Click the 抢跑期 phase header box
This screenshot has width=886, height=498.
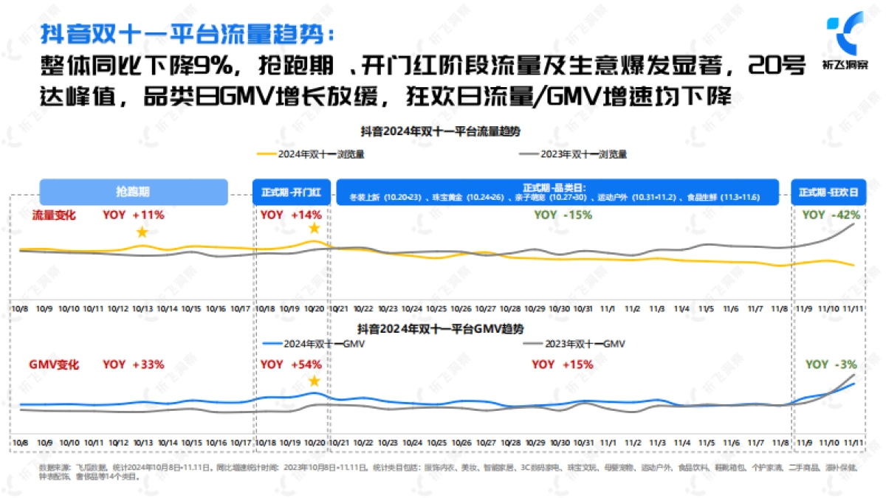133,192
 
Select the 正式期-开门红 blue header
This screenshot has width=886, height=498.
291,192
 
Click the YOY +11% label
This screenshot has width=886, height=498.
133,215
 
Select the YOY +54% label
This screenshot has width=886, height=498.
291,364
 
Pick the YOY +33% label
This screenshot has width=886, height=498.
133,364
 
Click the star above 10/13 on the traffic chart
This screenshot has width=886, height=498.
142,232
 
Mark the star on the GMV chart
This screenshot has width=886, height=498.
314,381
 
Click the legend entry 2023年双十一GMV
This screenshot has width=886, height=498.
574,343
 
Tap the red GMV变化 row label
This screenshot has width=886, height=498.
54,364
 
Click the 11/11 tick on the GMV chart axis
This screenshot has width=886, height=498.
854,442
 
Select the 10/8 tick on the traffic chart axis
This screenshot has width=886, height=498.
20,308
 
